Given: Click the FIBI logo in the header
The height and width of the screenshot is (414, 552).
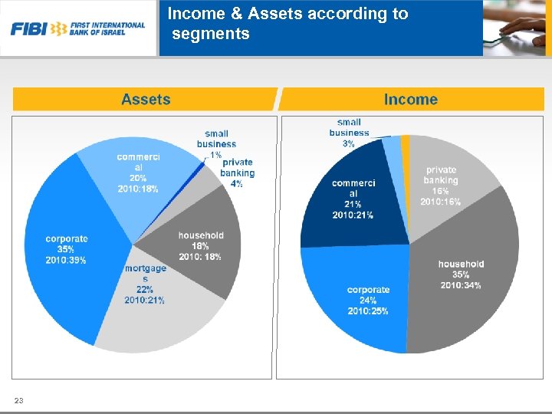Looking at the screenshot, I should (77, 28).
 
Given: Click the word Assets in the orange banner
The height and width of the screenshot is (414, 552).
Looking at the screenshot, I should (146, 100).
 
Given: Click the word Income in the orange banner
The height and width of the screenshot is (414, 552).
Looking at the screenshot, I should (410, 100).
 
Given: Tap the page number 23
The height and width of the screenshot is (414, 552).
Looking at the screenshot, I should (19, 401).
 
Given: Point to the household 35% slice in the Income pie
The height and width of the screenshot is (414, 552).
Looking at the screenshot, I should (460, 291).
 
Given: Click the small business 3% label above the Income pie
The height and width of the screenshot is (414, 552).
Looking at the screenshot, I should (349, 133).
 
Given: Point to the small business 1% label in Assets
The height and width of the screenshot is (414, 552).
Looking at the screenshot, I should (216, 143).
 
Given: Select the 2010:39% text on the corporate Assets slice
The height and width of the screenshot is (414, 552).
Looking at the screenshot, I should (66, 261).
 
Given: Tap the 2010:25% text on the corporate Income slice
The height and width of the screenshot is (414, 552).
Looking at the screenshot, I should (368, 311).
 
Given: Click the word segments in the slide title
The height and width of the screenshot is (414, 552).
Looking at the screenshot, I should (211, 34).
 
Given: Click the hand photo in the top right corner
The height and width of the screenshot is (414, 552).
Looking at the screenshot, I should (517, 28).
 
